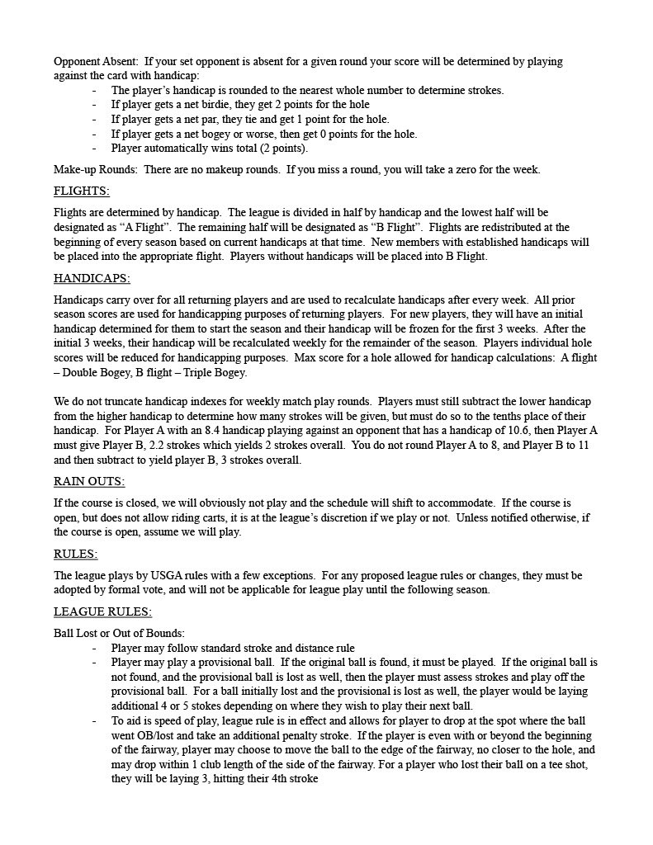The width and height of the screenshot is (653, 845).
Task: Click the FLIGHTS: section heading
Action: click(x=81, y=191)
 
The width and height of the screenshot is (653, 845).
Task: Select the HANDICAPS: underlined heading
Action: click(x=91, y=278)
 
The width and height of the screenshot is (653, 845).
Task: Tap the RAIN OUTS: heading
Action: click(x=88, y=481)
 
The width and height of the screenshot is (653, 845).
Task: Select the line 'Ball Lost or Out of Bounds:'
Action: click(x=119, y=633)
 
